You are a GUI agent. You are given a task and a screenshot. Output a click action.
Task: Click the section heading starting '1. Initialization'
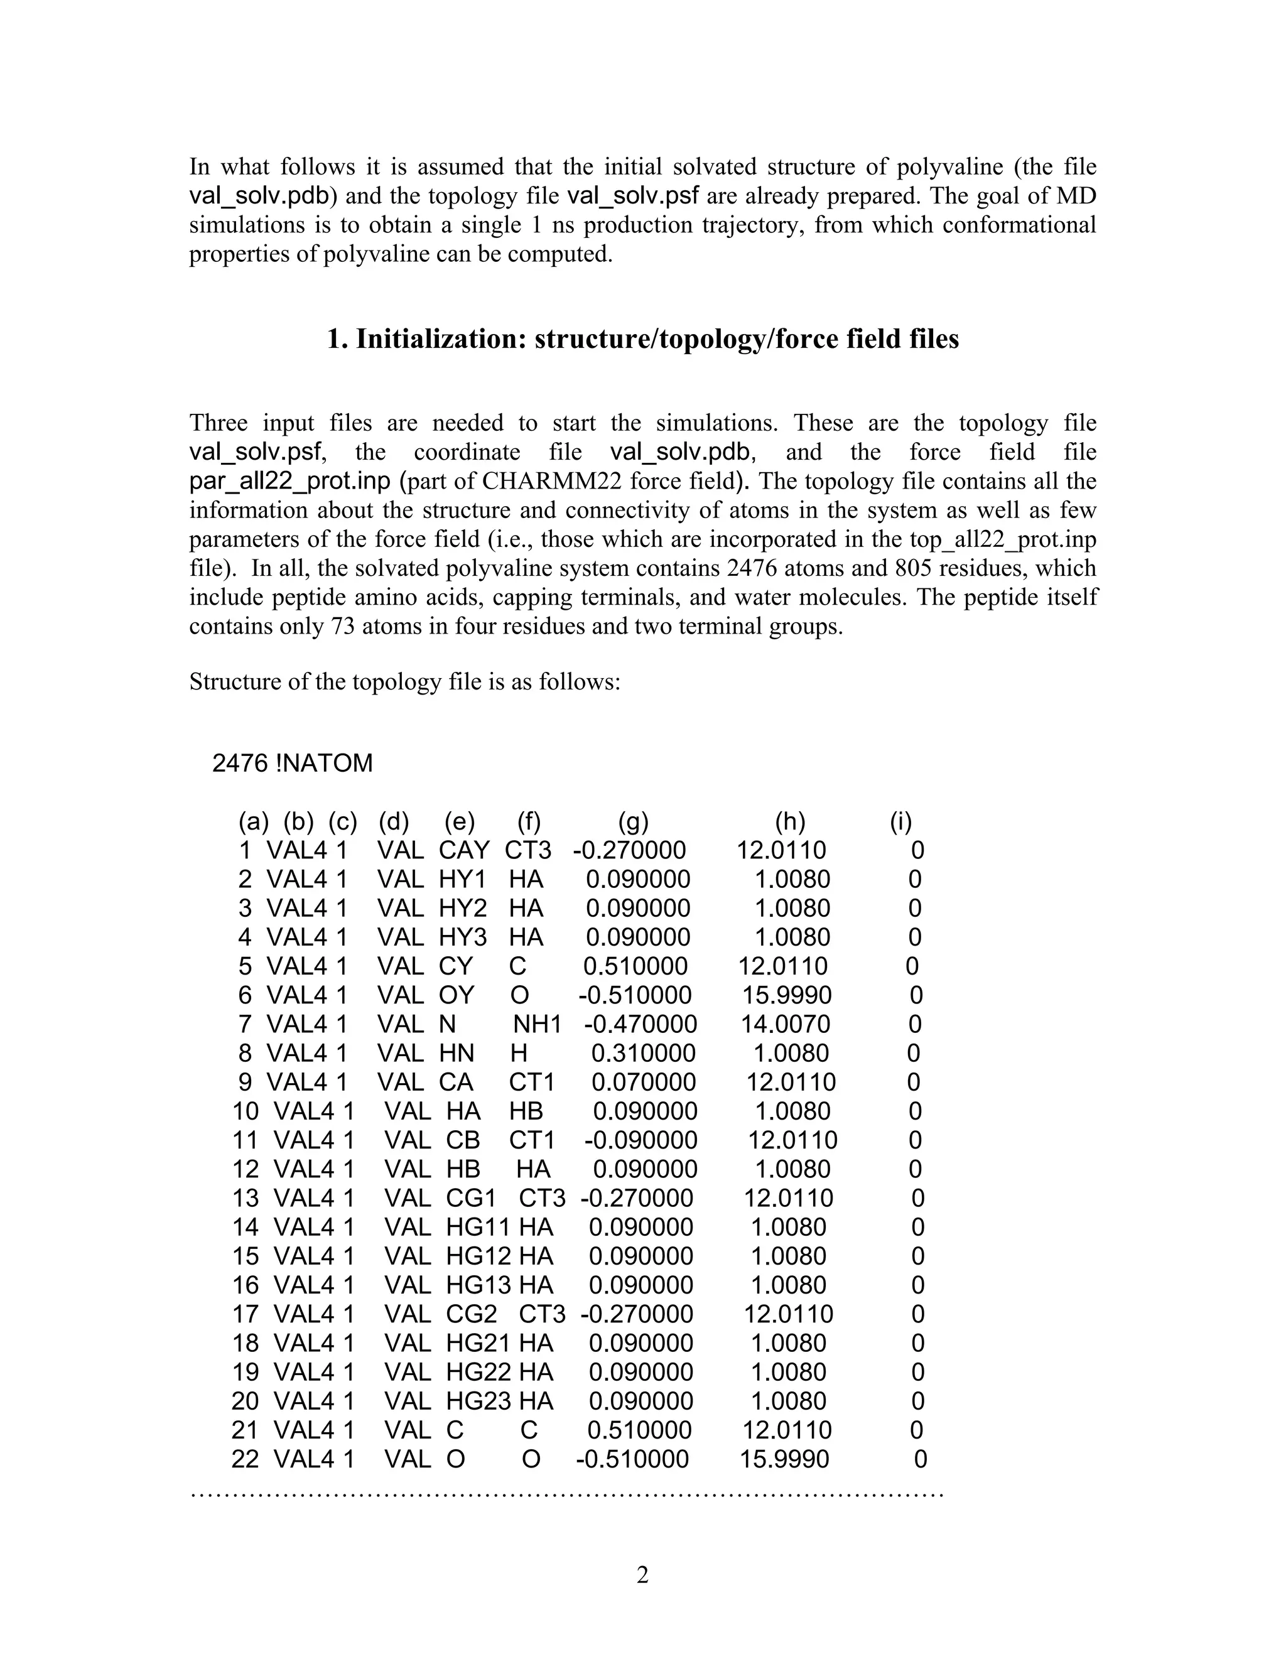[x=642, y=339]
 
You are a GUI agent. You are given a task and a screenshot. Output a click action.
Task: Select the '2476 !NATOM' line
[x=293, y=763]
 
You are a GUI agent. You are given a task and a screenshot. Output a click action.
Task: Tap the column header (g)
[x=633, y=821]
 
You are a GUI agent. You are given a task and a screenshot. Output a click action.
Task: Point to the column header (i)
[x=900, y=821]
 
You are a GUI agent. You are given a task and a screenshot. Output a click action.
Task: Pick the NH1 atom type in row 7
[x=536, y=1024]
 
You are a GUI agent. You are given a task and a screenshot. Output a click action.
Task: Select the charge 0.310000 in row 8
[x=643, y=1053]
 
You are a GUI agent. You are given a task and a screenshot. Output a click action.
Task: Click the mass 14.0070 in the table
[x=786, y=1024]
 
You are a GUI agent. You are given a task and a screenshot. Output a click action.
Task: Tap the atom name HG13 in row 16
[x=478, y=1285]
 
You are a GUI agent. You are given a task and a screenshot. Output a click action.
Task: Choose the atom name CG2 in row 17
[x=471, y=1314]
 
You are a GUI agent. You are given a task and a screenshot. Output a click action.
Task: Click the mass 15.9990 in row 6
[x=787, y=995]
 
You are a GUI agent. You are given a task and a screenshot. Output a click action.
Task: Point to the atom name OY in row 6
[x=456, y=995]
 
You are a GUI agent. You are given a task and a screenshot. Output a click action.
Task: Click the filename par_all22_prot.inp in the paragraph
[x=289, y=482]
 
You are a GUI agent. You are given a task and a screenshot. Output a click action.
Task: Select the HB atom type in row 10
[x=526, y=1111]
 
